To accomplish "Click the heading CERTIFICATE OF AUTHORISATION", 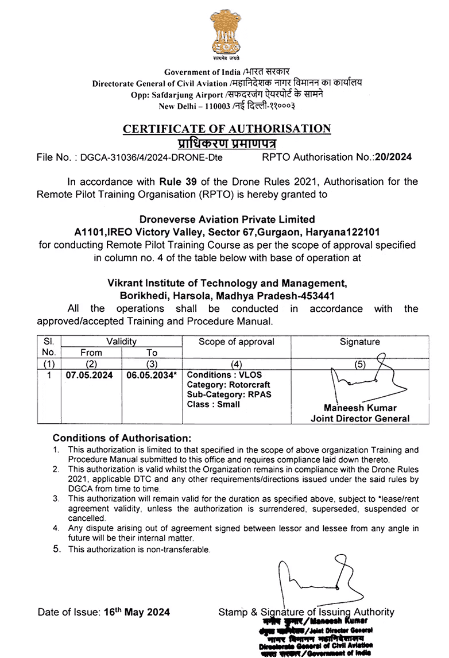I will (227, 129).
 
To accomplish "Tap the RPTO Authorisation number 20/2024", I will (393, 156).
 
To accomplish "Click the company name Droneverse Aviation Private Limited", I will (227, 219).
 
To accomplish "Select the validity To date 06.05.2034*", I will (152, 376).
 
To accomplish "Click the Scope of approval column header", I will (236, 342).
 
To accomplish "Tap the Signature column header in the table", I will (359, 342).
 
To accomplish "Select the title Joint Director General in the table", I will (360, 418).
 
